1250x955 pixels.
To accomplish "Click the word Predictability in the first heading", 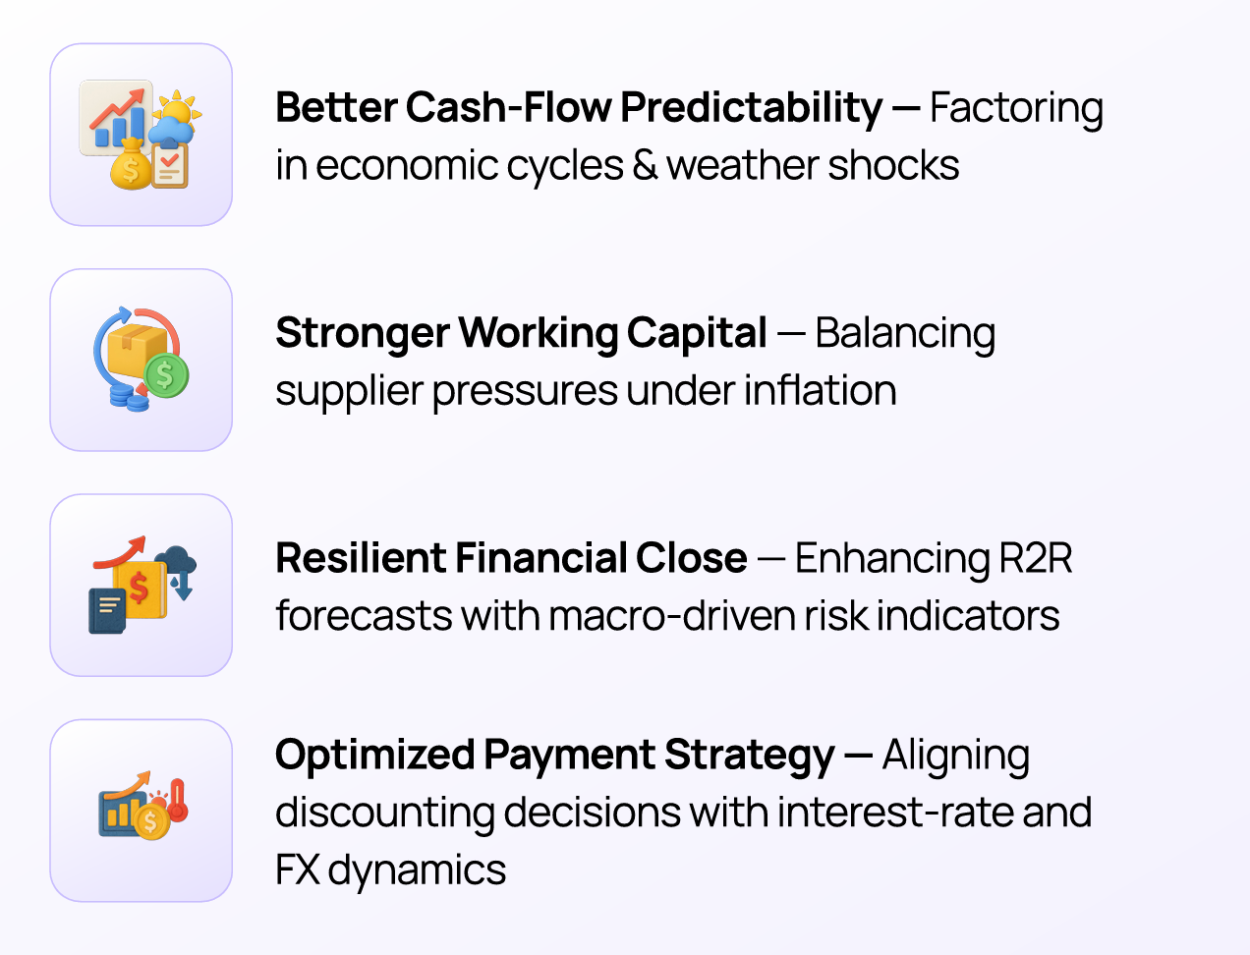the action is tap(751, 108).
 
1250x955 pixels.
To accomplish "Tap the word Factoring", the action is tap(1016, 108).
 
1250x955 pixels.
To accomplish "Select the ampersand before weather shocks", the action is tap(645, 166).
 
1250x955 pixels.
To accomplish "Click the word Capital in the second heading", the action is tap(697, 334).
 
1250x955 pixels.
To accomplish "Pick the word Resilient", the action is tap(360, 558).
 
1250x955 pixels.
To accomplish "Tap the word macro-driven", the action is tap(672, 616).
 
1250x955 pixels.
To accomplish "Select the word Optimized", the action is tap(374, 756).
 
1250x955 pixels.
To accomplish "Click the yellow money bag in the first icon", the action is tap(131, 166).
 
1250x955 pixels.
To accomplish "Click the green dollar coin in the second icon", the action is tap(166, 375).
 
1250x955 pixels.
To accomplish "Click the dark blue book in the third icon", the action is tap(106, 611).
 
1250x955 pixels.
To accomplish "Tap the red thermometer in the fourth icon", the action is tap(178, 799).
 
